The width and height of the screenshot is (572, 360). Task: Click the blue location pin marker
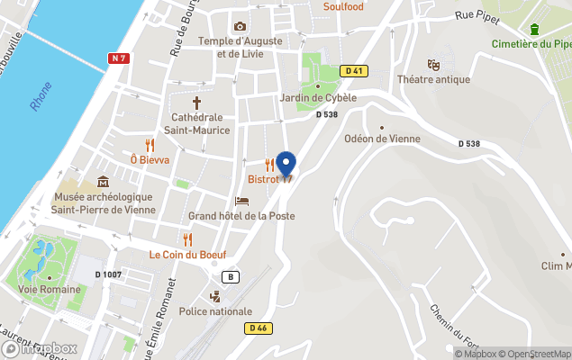[x=286, y=164]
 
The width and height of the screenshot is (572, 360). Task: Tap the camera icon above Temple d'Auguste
[x=240, y=26]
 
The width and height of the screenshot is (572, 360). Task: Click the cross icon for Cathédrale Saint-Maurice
[x=196, y=103]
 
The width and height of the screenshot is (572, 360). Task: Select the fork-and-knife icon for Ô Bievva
[x=150, y=144]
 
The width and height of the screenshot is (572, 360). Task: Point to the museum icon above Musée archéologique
[x=103, y=182]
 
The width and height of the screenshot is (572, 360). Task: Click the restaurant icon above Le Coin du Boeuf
[x=187, y=238]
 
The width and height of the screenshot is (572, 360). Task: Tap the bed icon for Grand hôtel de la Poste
[x=241, y=201]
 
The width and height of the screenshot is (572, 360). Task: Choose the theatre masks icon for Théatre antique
[x=433, y=65]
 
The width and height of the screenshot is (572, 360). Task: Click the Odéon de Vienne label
[x=382, y=139]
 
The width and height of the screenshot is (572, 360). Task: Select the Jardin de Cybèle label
[x=318, y=97]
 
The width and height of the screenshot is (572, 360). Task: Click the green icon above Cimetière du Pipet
[x=535, y=28]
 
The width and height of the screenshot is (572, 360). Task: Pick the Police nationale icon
[x=215, y=296]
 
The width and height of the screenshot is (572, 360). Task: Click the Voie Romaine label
[x=50, y=290]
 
